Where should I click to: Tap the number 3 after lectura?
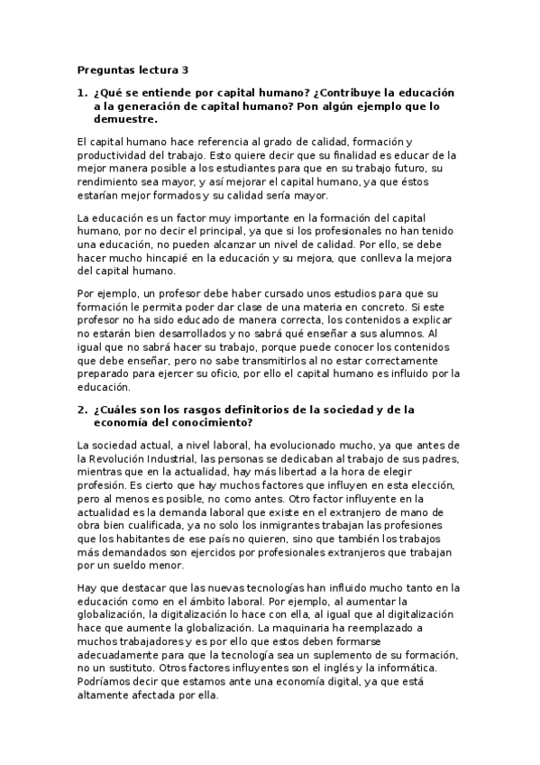click(186, 69)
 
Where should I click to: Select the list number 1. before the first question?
click(82, 93)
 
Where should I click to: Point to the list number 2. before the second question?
click(82, 409)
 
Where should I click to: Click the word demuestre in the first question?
click(125, 118)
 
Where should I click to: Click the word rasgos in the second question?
click(221, 409)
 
